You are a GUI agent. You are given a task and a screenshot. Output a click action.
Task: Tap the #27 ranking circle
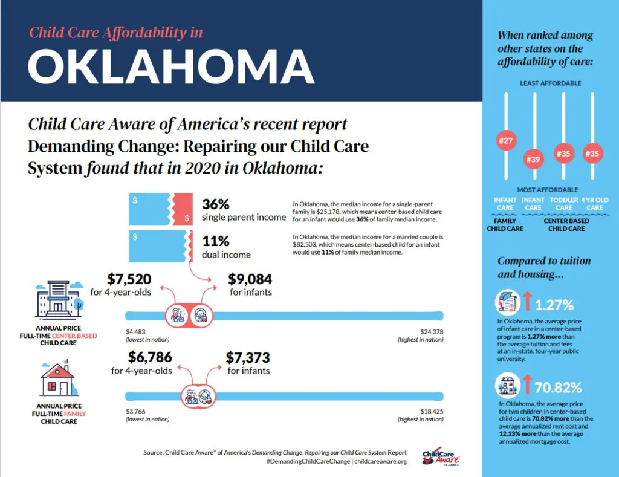[x=505, y=141]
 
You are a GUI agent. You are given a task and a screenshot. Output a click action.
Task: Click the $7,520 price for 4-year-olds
[x=129, y=279]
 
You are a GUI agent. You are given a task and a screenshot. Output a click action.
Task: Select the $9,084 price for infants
[x=250, y=279]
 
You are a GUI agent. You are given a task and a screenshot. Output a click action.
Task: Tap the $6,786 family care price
[x=141, y=357]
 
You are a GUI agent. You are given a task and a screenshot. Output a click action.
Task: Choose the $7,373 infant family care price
[x=248, y=357]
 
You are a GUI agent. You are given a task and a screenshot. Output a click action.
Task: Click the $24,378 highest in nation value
[x=432, y=331]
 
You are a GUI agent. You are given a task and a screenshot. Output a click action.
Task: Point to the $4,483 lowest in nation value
[x=136, y=331]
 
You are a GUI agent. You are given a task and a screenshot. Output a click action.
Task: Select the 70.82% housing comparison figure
[x=558, y=387]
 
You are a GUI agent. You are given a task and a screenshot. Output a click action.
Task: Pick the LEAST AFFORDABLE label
[x=550, y=83]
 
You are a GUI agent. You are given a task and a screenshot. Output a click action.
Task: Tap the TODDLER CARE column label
[x=563, y=204]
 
